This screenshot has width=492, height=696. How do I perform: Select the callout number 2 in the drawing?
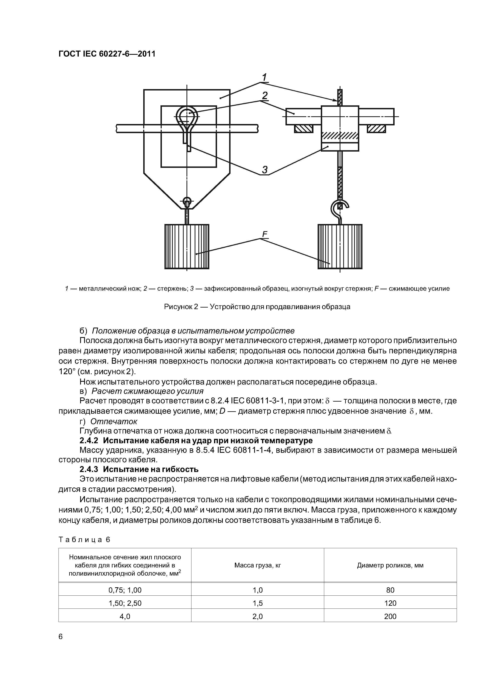click(265, 96)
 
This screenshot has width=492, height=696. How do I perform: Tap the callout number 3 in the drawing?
click(265, 170)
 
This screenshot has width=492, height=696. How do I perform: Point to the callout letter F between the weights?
click(265, 234)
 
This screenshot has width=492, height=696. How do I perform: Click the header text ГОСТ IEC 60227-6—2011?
click(107, 54)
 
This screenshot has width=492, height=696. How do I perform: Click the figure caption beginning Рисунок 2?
click(257, 307)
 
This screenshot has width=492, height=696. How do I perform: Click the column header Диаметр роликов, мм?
click(390, 565)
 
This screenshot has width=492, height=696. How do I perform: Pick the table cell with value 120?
click(390, 603)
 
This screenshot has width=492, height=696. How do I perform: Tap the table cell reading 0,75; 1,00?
click(125, 590)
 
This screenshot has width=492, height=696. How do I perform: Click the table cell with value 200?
click(390, 616)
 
